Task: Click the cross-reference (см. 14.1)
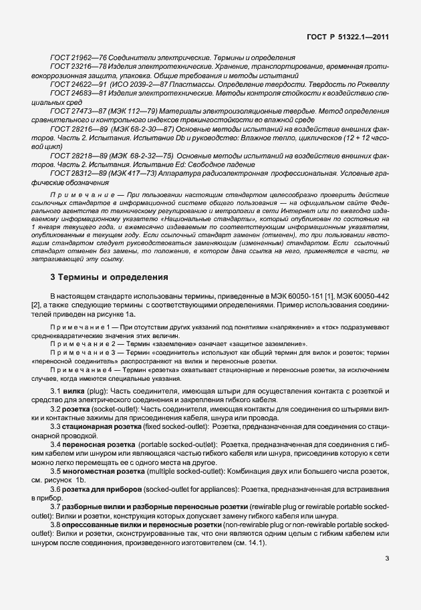click(249, 543)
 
